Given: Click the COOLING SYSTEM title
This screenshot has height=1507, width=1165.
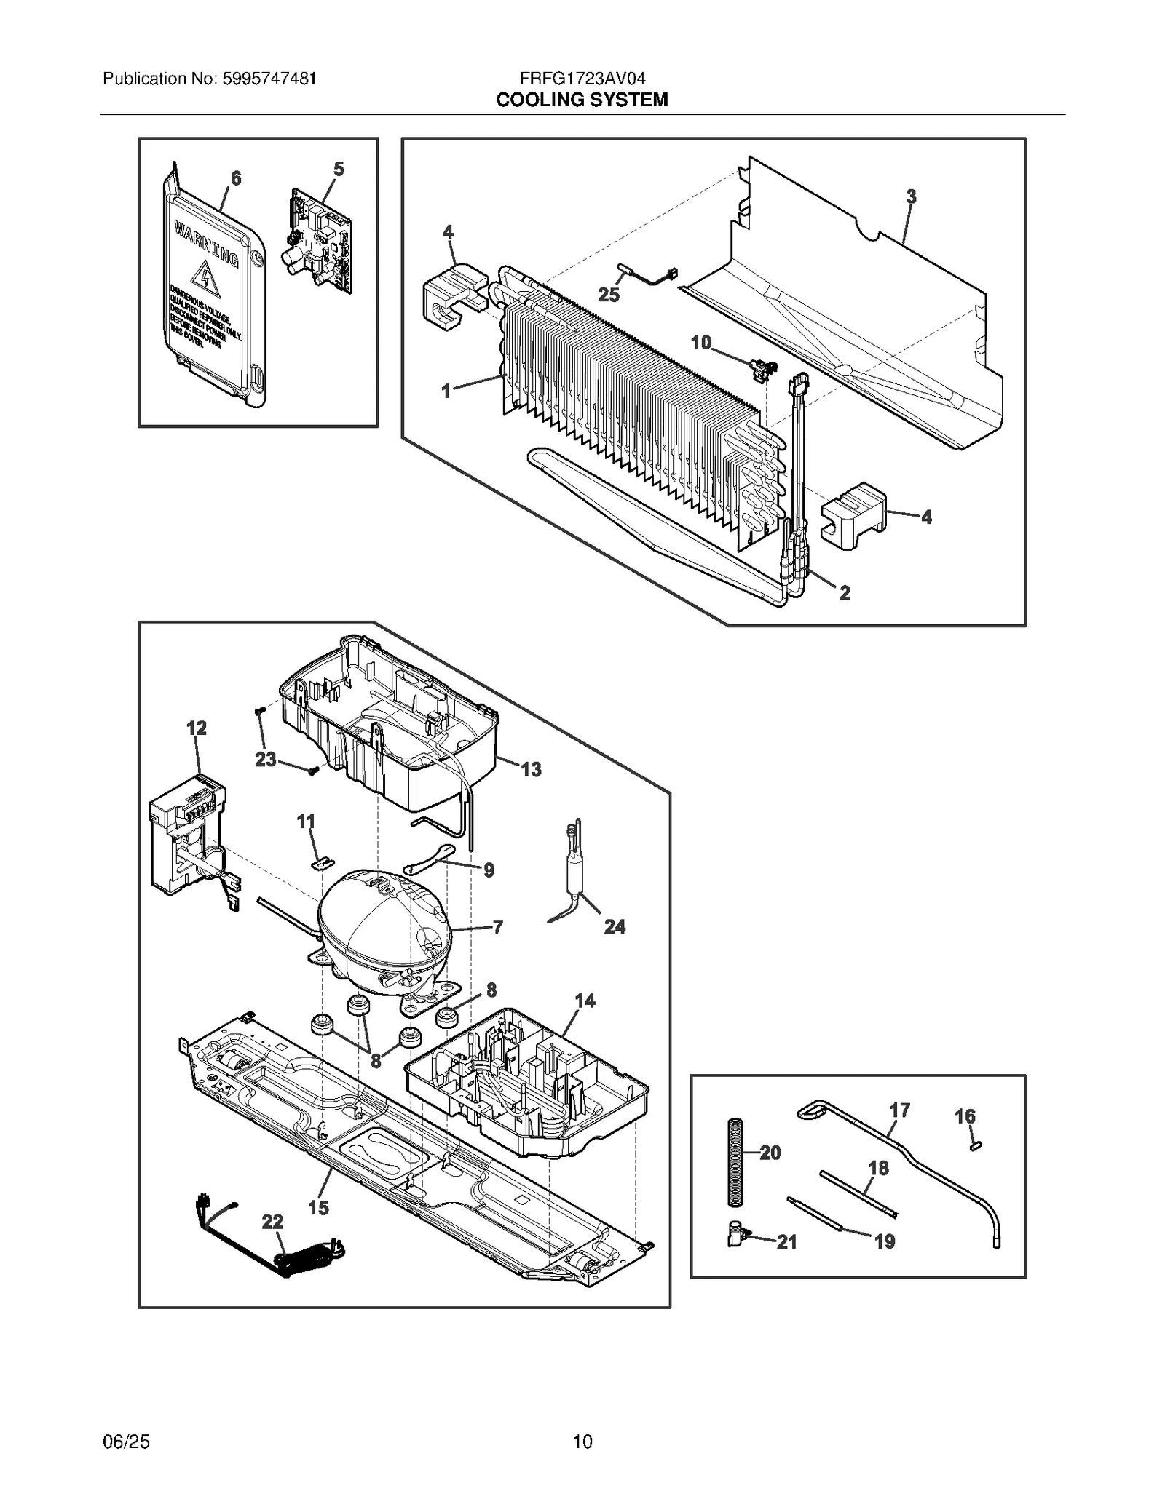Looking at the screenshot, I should pos(582,100).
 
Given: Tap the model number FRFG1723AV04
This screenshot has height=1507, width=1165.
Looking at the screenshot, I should pos(582,79).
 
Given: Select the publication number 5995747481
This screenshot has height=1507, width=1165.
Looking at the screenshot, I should pos(266,79).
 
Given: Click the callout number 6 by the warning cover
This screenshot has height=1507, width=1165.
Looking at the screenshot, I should pos(236,178).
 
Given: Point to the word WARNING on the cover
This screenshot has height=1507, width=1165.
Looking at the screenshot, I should pos(205,246).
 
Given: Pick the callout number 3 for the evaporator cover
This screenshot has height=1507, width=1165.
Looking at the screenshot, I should pos(911,196).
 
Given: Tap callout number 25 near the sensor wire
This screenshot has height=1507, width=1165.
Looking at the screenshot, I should pos(609,295).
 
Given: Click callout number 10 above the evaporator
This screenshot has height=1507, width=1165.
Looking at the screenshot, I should pos(700,343).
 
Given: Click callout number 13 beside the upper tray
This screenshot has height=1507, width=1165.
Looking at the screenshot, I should pos(531,769).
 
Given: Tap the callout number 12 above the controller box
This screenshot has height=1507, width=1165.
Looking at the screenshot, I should pos(197,728).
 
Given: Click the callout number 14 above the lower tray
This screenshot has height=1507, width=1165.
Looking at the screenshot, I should pos(585,1001).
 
